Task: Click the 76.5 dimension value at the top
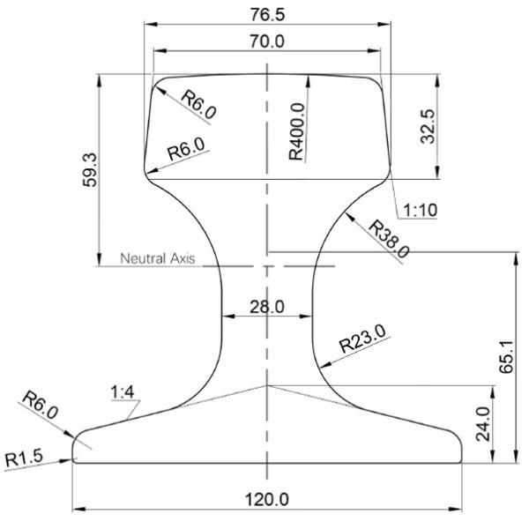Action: [267, 16]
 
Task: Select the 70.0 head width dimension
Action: [267, 41]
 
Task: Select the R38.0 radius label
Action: [388, 238]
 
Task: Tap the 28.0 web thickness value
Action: [267, 306]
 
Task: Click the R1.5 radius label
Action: [24, 458]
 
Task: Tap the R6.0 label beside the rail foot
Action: [39, 408]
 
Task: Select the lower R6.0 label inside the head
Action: [186, 147]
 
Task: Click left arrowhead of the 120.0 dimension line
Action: [77, 510]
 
